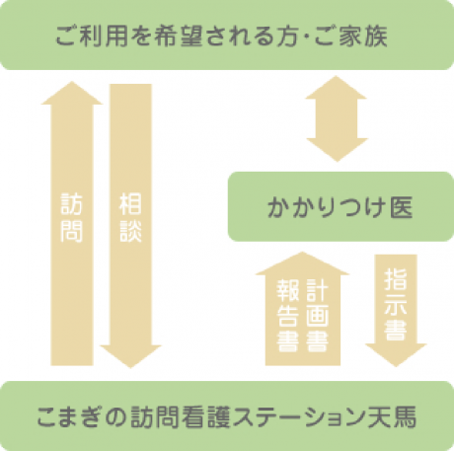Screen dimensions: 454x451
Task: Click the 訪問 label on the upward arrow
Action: pos(71,218)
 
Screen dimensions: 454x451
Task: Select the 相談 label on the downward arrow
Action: pos(130,218)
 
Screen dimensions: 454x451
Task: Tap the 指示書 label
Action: pos(396,305)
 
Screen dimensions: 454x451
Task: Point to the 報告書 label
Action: pos(288,316)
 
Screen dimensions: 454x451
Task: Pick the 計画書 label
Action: pos(318,316)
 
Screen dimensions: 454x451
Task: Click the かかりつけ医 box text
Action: pos(340,207)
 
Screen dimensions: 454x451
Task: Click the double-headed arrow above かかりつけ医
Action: pos(337,118)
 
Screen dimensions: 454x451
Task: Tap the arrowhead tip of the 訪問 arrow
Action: pos(71,82)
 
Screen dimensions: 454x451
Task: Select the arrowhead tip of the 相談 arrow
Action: pos(130,368)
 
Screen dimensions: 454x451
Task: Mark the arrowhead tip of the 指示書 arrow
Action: pos(396,366)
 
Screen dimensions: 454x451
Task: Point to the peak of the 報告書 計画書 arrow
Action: pos(302,252)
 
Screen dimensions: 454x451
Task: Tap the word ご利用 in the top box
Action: pos(92,36)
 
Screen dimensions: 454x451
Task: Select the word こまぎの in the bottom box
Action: pos(81,416)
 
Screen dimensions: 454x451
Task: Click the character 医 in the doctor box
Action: pos(402,207)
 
